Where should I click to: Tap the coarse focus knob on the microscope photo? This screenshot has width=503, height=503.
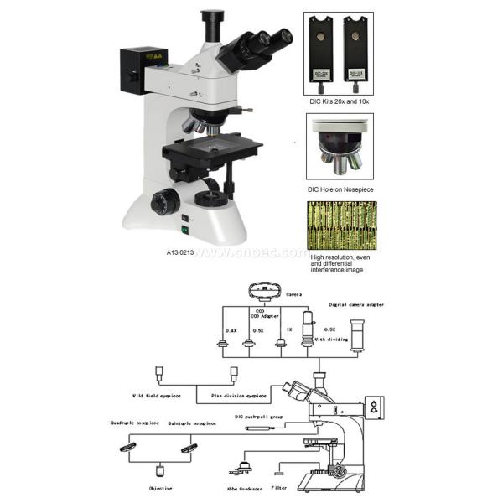pos(164,202)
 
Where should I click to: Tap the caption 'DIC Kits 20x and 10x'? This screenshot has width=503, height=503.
pos(340,100)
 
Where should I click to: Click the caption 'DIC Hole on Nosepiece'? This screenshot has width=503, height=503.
pos(340,189)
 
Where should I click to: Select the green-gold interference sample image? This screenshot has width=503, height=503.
pos(339,226)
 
